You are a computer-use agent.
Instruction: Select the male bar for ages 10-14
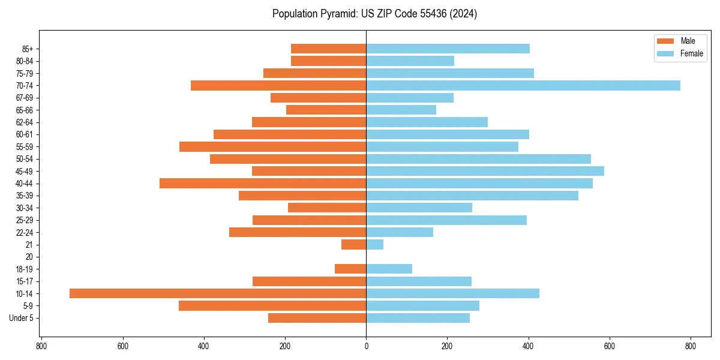[218, 293]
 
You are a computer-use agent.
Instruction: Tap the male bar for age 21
[353, 244]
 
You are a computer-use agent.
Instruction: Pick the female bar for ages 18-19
[389, 269]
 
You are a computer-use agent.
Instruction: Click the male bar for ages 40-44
[263, 183]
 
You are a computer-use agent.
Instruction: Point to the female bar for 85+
[448, 49]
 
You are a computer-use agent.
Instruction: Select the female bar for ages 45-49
[485, 171]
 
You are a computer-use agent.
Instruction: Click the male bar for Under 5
[317, 318]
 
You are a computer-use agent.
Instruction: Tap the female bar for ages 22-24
[400, 232]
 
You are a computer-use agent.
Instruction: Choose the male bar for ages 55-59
[272, 146]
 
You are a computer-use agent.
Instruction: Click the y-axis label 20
[29, 257]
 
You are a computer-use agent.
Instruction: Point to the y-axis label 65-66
[25, 110]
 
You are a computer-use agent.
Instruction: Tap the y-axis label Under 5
[22, 318]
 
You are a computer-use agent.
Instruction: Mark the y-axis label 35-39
[25, 196]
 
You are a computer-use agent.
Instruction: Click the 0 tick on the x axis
[366, 346]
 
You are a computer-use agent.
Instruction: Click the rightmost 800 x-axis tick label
[690, 346]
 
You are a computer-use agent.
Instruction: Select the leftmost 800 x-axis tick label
[41, 346]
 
